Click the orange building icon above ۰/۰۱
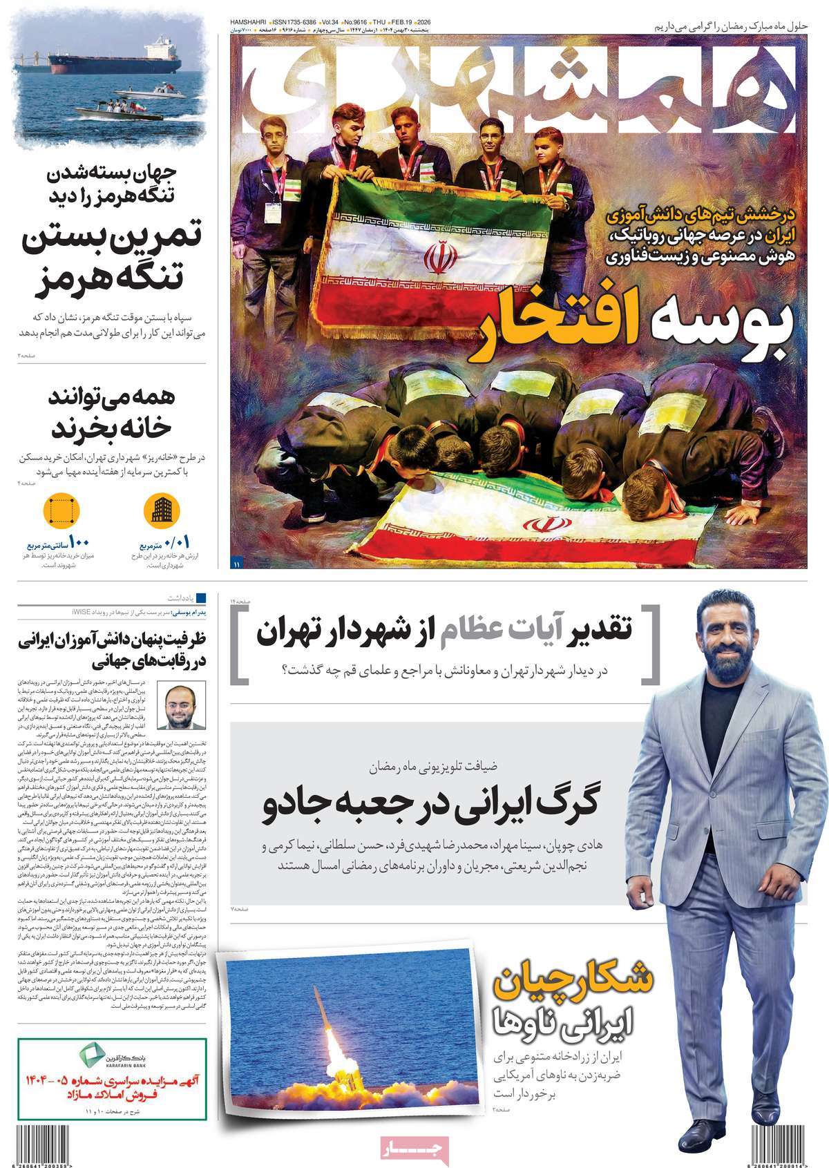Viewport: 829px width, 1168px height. click(158, 511)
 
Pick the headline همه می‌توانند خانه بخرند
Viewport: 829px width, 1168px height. click(111, 414)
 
